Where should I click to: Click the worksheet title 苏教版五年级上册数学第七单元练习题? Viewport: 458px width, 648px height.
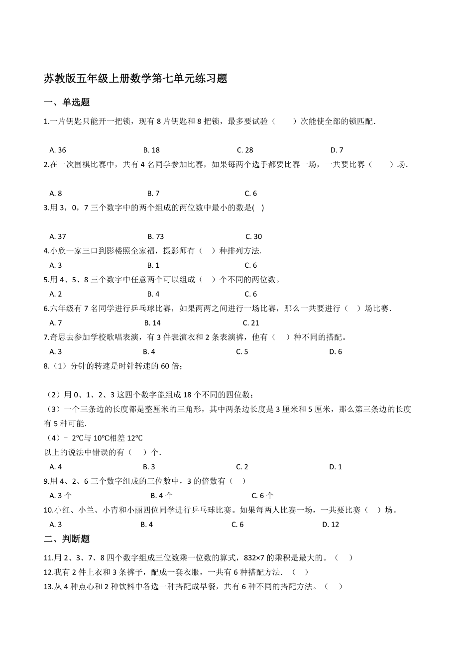tap(135, 79)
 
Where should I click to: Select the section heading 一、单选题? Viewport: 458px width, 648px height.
tap(67, 103)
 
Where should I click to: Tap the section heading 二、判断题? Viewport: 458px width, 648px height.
tap(67, 539)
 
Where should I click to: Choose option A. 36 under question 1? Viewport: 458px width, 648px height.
tap(58, 150)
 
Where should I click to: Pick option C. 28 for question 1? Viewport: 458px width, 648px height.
tap(245, 150)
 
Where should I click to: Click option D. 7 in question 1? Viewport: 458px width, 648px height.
tap(337, 150)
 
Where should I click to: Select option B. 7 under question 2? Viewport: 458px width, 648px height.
tap(153, 194)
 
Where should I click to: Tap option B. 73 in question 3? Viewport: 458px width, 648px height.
tap(155, 237)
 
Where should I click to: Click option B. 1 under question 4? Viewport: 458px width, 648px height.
tap(153, 265)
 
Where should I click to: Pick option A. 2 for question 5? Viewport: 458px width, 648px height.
tap(56, 294)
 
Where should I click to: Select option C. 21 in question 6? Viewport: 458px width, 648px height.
tap(251, 323)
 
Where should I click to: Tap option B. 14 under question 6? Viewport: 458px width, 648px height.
tap(152, 323)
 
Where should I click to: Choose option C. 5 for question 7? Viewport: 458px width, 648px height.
tap(242, 352)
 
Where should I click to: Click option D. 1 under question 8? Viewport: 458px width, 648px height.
tap(336, 467)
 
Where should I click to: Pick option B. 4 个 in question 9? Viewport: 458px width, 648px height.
tap(162, 496)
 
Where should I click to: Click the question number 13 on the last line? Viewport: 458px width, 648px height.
tap(48, 587)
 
